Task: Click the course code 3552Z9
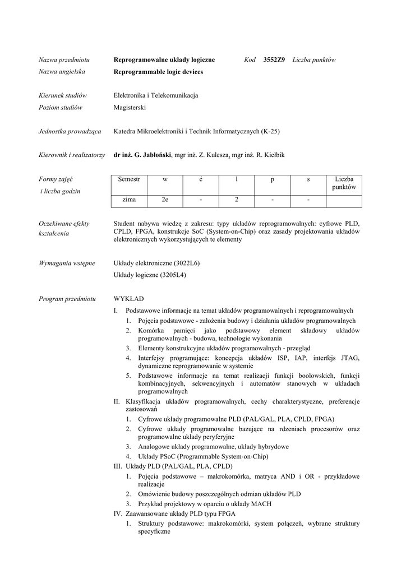click(x=274, y=60)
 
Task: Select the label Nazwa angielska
click(x=62, y=72)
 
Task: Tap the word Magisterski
click(x=130, y=108)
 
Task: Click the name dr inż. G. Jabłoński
click(x=142, y=155)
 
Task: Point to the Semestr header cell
click(x=129, y=179)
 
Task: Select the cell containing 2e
click(x=165, y=200)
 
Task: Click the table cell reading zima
click(x=129, y=200)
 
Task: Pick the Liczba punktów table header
click(x=344, y=183)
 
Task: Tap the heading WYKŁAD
click(x=128, y=299)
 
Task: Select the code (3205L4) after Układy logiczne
click(x=173, y=275)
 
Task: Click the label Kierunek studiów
click(x=63, y=96)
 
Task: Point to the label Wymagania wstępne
click(x=67, y=263)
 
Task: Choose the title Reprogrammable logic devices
click(x=158, y=72)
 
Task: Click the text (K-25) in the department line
click(x=270, y=132)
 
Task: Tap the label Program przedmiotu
click(x=67, y=299)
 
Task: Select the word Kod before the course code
click(x=250, y=60)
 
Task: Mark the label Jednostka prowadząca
click(x=70, y=132)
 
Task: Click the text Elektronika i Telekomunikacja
click(x=156, y=96)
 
